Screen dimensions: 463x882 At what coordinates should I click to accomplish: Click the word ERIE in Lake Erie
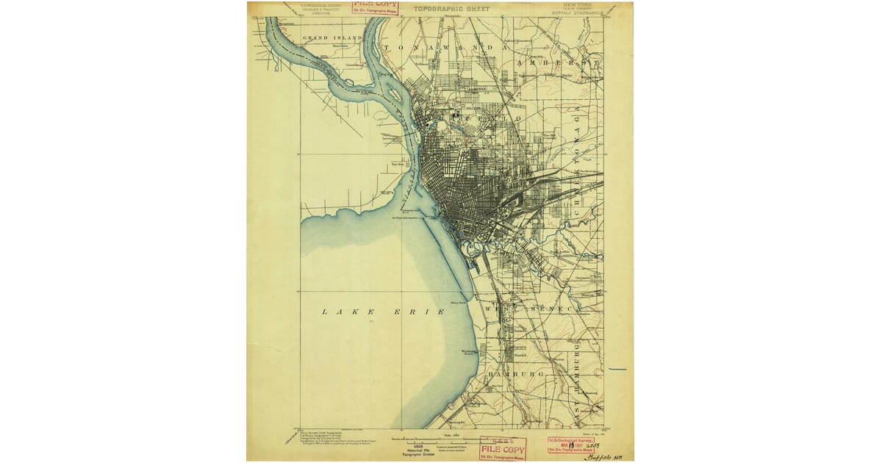[x=422, y=312]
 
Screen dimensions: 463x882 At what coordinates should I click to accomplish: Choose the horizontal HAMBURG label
[x=521, y=374]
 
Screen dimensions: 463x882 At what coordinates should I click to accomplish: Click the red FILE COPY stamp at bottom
[x=503, y=449]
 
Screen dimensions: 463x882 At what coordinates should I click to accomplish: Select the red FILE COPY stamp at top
[x=376, y=7]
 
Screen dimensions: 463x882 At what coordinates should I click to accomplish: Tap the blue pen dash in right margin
[x=617, y=369]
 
